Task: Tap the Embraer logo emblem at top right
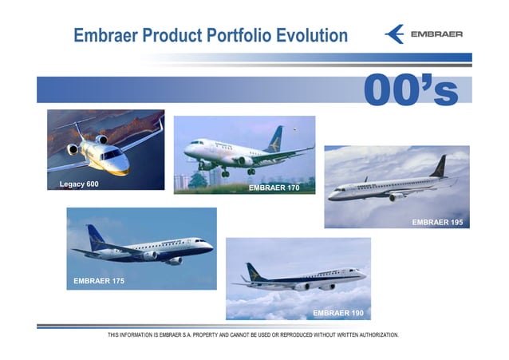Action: click(x=394, y=34)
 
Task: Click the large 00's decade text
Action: click(x=411, y=90)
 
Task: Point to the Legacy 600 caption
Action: click(x=79, y=184)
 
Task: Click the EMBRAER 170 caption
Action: click(x=274, y=188)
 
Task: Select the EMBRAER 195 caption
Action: click(x=437, y=222)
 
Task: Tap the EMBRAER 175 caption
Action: click(x=99, y=281)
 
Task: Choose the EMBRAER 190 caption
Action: click(x=338, y=312)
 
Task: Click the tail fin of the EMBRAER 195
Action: click(x=438, y=166)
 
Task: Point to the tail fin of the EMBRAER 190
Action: click(x=254, y=271)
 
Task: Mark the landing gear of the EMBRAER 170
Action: click(x=226, y=172)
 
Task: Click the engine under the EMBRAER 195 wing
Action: click(x=394, y=196)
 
